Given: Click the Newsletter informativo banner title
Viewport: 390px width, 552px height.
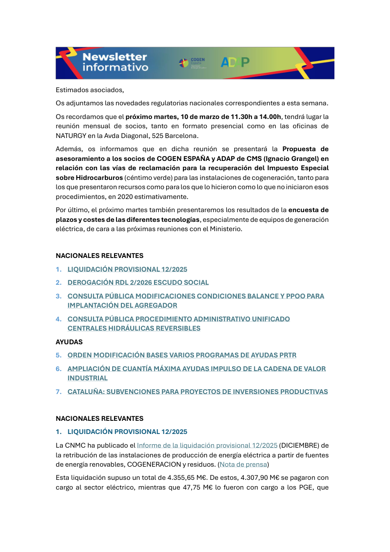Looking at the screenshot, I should pyautogui.click(x=115, y=62).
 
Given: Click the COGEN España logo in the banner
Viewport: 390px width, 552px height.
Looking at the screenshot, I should pyautogui.click(x=193, y=62).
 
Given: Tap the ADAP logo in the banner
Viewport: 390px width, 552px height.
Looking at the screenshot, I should pyautogui.click(x=235, y=62).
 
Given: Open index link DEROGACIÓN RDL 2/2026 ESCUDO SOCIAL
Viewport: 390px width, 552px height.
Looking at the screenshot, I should pyautogui.click(x=138, y=282).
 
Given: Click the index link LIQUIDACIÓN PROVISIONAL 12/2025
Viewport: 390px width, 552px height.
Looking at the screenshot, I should pyautogui.click(x=127, y=269).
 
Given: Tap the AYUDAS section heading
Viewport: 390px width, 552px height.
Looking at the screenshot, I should pyautogui.click(x=69, y=342).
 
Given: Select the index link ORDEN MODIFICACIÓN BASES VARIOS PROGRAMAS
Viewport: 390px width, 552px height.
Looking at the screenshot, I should pyautogui.click(x=182, y=355).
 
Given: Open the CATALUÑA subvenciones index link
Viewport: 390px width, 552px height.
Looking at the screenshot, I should pyautogui.click(x=197, y=392).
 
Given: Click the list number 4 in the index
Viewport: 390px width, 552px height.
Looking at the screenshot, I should pyautogui.click(x=58, y=319).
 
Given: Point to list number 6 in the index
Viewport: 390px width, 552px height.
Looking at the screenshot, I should pyautogui.click(x=58, y=369).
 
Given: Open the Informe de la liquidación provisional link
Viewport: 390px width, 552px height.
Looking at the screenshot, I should pyautogui.click(x=207, y=445).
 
